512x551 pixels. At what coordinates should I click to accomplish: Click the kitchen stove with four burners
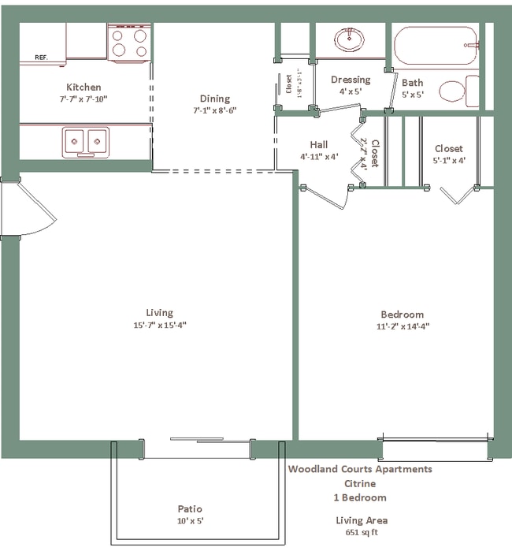pos(128,43)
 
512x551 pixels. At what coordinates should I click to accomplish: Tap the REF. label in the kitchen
pos(43,58)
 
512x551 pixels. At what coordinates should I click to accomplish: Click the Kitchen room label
pos(83,87)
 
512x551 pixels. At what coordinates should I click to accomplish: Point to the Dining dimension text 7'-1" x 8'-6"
pos(215,110)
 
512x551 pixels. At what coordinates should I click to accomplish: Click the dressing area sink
pos(348,39)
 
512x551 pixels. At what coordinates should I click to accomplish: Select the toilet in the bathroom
pos(457,91)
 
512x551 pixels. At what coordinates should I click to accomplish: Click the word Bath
pos(412,83)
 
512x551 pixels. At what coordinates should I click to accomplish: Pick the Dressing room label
pos(351,80)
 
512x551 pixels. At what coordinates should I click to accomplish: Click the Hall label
pos(318,144)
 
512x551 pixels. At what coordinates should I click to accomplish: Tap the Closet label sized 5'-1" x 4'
pos(448,148)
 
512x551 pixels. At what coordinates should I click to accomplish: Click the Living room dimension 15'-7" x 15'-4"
pos(159,325)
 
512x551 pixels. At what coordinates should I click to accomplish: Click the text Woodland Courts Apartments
pos(360,469)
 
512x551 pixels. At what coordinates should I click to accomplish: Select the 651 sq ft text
pos(360,532)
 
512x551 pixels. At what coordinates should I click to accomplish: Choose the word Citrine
pos(360,483)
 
